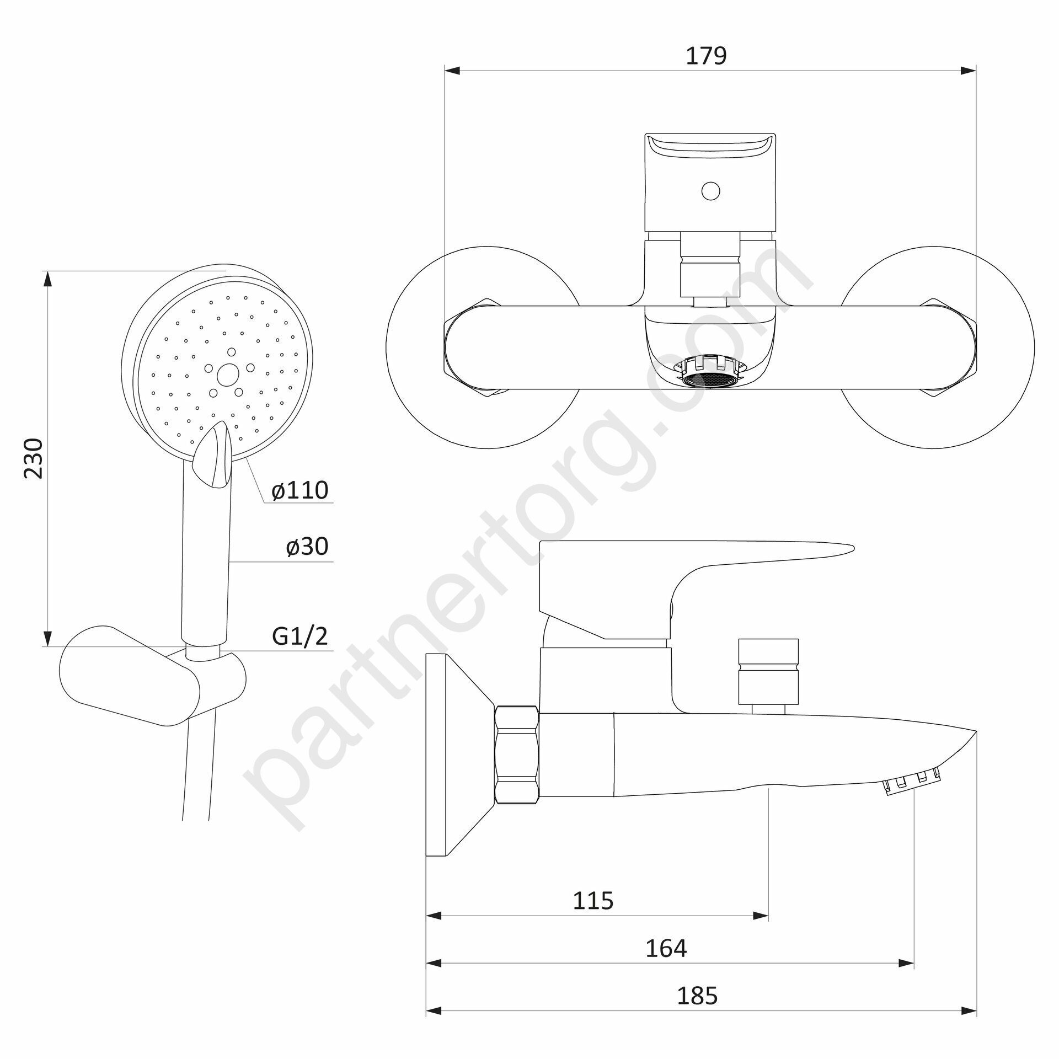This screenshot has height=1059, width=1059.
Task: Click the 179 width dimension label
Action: click(x=707, y=56)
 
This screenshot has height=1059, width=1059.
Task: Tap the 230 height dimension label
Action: click(x=34, y=458)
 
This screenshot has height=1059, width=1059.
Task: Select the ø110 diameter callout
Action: click(x=300, y=490)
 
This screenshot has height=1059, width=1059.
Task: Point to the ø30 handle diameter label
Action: click(x=307, y=546)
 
